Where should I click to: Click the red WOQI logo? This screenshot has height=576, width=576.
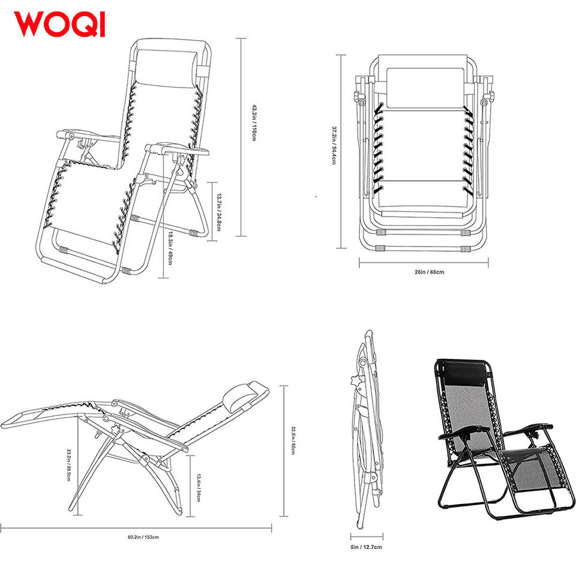[x=59, y=23]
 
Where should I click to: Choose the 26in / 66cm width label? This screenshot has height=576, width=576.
[x=429, y=272]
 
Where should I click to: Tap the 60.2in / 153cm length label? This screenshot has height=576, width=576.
[x=142, y=537]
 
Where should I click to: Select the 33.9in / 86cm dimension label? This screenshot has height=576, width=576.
[x=293, y=440]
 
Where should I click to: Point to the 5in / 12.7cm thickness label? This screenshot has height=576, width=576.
[x=366, y=547]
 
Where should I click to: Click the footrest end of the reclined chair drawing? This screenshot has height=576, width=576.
[x=18, y=418]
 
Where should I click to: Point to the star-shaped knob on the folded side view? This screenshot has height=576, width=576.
[x=353, y=379]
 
